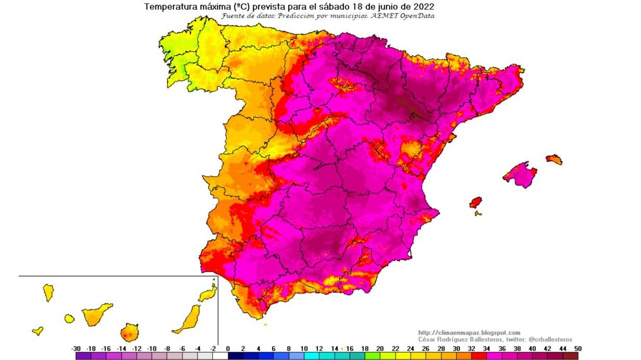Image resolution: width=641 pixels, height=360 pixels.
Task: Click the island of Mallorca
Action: [520, 175]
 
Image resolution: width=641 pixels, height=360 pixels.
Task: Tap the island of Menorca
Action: [554, 159]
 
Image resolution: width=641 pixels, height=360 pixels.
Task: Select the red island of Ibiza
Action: [476, 202]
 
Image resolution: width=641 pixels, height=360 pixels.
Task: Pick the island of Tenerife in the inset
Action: [96, 314]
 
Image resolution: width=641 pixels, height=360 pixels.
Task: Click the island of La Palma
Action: [48, 292]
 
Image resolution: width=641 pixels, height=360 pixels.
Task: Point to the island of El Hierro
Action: [37, 330]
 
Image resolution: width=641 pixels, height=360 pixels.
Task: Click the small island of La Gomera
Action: [69, 318]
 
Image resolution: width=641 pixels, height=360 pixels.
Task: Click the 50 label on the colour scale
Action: [577, 349]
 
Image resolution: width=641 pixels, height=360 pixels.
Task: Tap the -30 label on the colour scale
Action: [76, 349]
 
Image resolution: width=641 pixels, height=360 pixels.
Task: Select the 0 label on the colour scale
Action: [228, 349]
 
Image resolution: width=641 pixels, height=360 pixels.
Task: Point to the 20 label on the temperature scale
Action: [380, 349]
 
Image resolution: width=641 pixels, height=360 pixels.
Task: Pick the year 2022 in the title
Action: [424, 7]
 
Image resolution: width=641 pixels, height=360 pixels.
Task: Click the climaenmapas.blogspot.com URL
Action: [469, 332]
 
